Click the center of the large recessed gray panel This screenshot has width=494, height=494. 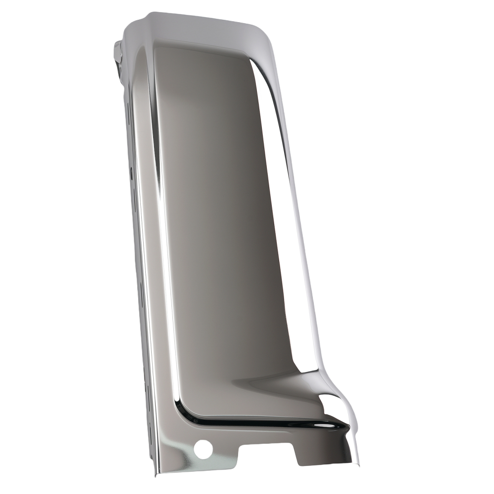pyautogui.click(x=222, y=222)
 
